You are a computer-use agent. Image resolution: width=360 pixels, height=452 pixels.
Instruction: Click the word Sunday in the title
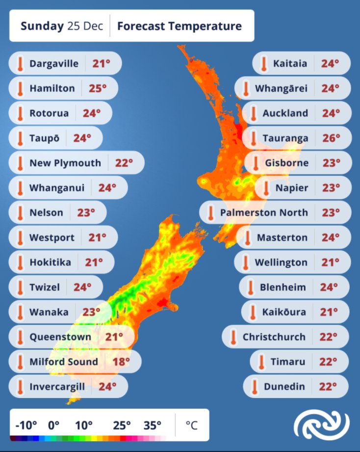click(42, 26)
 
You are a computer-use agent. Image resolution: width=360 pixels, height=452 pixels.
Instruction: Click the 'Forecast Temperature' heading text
click(180, 26)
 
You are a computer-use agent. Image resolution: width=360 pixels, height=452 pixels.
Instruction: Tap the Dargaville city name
click(54, 63)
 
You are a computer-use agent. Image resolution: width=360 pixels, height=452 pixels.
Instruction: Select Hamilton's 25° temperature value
click(98, 88)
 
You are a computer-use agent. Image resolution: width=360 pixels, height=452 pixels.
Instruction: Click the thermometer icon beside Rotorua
click(20, 113)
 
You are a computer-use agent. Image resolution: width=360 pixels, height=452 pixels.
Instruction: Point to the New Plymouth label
click(65, 163)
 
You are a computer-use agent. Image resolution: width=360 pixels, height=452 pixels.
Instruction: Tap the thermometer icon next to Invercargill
click(20, 387)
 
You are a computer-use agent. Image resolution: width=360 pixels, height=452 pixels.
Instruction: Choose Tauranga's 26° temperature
click(331, 138)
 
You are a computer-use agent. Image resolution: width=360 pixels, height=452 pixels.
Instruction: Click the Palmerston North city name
click(264, 213)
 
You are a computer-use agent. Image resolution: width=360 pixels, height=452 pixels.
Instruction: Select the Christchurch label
click(274, 337)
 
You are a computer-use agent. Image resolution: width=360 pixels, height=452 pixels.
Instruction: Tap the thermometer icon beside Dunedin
click(255, 387)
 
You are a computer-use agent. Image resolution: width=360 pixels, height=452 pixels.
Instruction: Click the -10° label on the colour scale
click(26, 425)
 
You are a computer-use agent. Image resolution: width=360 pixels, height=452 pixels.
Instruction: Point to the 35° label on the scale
click(153, 425)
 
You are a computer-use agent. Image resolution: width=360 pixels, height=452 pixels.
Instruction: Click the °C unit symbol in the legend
click(191, 425)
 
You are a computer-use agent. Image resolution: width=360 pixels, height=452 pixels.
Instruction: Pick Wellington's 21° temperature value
click(331, 263)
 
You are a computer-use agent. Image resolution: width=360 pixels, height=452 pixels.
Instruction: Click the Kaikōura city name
click(284, 312)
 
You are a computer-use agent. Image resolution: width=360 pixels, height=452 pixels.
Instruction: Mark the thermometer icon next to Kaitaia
click(264, 63)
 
